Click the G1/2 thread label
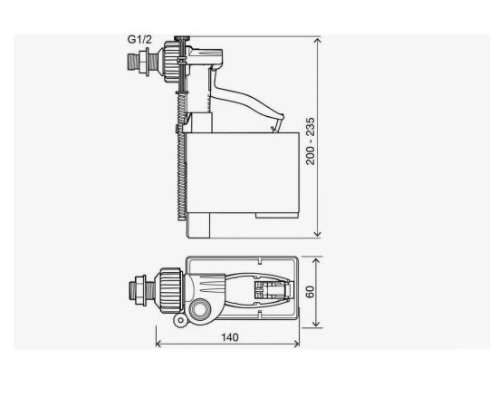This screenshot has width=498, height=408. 139,39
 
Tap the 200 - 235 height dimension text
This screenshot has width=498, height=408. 311,141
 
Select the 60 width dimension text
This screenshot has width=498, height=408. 310,292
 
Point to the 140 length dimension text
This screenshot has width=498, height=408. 230,337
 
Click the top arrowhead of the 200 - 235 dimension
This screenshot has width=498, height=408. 317,40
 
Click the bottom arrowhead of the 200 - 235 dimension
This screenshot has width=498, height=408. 317,234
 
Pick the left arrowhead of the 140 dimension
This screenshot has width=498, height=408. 158,344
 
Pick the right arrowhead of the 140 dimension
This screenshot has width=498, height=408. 296,344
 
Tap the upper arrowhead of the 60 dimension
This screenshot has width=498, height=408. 316,261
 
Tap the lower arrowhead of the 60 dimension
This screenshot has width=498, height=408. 316,324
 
